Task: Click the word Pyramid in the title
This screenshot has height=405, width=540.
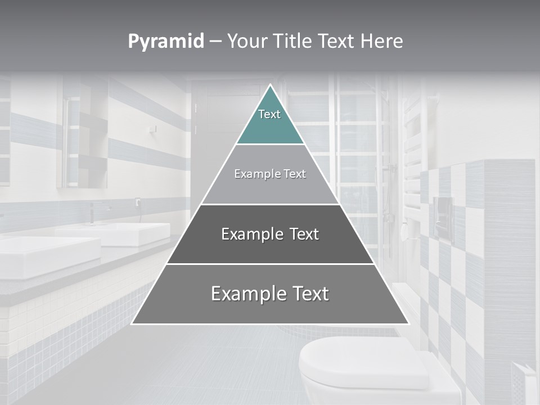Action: click(x=165, y=42)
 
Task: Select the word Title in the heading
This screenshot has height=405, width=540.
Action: click(x=292, y=42)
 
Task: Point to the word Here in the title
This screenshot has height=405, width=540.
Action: click(x=382, y=42)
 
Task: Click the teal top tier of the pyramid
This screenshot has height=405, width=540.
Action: click(x=270, y=121)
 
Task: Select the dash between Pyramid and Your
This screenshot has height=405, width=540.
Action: click(x=215, y=42)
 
